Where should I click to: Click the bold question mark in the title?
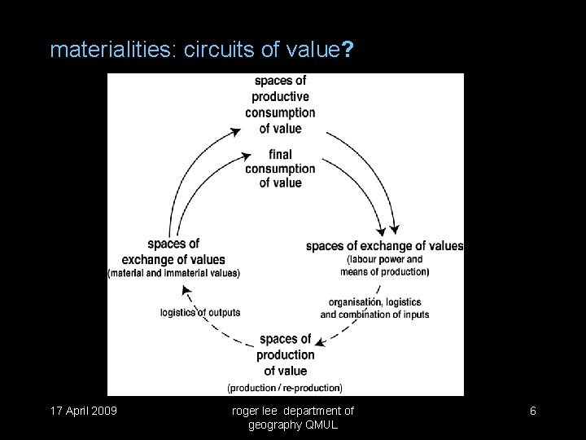(x=348, y=51)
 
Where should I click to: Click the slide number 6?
(x=533, y=411)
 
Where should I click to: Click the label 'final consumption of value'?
(x=280, y=168)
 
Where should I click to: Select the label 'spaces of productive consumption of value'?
(x=280, y=104)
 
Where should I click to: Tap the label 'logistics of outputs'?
(x=200, y=312)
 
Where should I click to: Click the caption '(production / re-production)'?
(x=285, y=387)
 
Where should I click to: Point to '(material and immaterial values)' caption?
(x=174, y=273)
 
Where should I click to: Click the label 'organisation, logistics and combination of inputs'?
(x=374, y=309)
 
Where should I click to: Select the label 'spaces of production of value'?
(x=285, y=354)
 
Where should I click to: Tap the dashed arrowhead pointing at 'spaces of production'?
(x=321, y=344)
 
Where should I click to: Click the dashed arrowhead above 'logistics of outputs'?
(x=186, y=290)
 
